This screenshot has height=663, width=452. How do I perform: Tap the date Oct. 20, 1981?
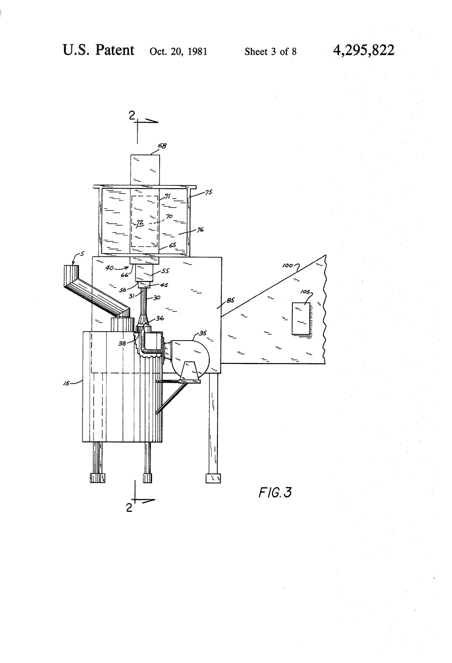pyautogui.click(x=178, y=52)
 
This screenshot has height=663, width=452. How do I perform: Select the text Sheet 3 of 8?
pyautogui.click(x=270, y=52)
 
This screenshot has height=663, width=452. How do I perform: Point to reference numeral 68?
pyautogui.click(x=162, y=146)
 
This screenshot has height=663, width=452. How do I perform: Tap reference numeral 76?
pyautogui.click(x=200, y=229)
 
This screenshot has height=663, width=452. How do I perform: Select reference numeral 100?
pyautogui.click(x=287, y=266)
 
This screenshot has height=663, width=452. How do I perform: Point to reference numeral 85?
pyautogui.click(x=230, y=300)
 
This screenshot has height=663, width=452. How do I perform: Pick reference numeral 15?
pyautogui.click(x=66, y=383)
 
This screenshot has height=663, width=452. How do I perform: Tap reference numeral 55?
pyautogui.click(x=165, y=271)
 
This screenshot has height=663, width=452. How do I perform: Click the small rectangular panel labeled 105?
pyautogui.click(x=301, y=318)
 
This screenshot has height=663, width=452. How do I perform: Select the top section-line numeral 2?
pyautogui.click(x=132, y=115)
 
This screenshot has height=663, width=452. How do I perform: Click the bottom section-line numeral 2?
pyautogui.click(x=129, y=508)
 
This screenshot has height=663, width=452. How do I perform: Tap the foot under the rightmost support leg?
pyautogui.click(x=213, y=478)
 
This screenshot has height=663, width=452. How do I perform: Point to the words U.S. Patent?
pyautogui.click(x=98, y=50)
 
